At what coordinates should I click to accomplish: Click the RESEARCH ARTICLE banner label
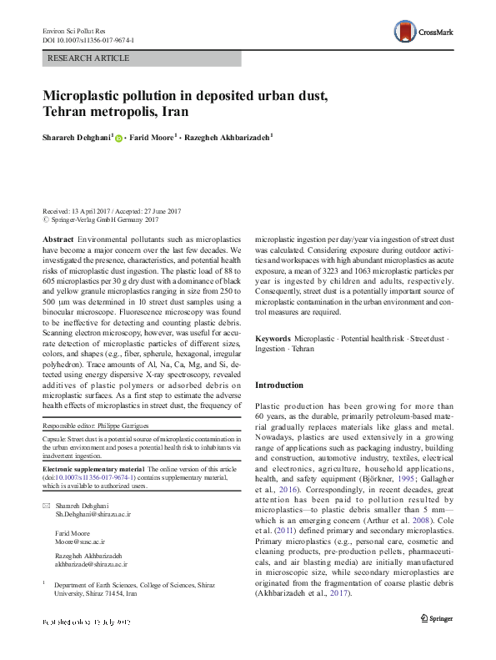click(x=90, y=58)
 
